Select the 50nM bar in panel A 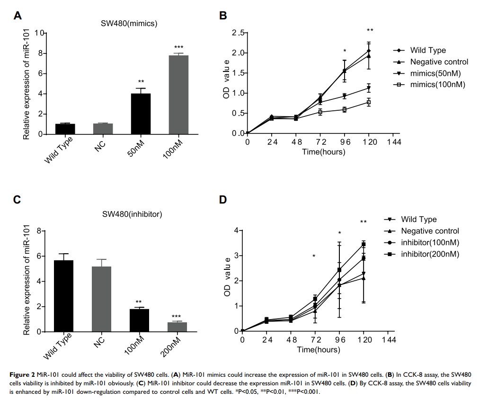tap(141, 114)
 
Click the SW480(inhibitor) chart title tap(132, 214)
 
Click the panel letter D tap(223, 200)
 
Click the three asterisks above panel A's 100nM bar tap(178, 47)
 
